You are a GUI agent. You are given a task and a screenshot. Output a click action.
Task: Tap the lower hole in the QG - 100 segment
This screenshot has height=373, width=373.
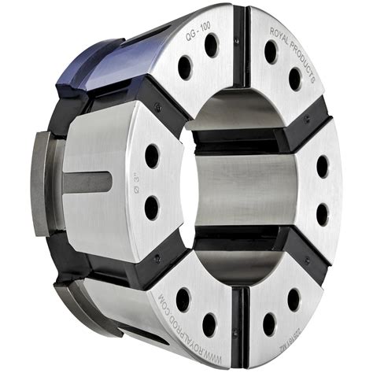click(x=185, y=68)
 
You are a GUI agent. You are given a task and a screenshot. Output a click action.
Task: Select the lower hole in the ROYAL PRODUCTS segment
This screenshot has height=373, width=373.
click(x=294, y=79)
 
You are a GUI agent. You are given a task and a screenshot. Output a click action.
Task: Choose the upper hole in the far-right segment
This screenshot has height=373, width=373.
click(x=323, y=166)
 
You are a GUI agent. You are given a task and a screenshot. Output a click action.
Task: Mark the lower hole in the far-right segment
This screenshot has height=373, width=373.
click(x=323, y=213)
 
